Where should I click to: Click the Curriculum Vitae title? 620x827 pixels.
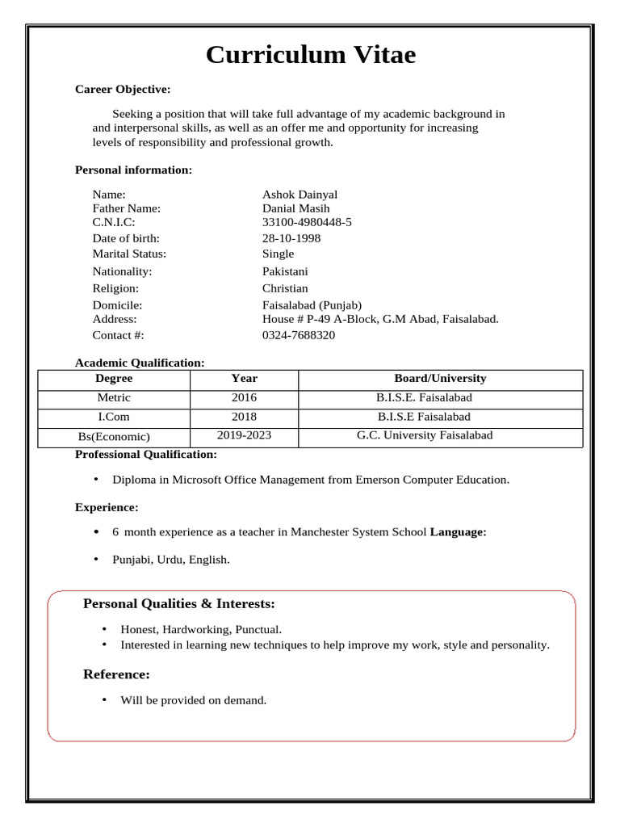click(311, 55)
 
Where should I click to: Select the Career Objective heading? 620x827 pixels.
click(123, 89)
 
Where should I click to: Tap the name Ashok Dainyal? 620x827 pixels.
click(300, 194)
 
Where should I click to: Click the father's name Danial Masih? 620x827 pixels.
click(296, 208)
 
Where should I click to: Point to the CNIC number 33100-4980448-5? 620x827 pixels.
click(307, 222)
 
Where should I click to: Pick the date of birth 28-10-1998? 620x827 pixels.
click(291, 238)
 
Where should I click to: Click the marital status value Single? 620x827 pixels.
click(279, 254)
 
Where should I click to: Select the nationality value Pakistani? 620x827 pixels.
click(285, 271)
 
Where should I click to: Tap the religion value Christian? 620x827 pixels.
click(285, 288)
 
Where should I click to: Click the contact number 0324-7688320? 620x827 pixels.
click(299, 335)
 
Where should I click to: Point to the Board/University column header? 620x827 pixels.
click(440, 378)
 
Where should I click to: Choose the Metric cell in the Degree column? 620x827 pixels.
click(114, 397)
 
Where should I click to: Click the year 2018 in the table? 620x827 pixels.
click(244, 417)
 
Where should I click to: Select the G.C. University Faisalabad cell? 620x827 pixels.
click(425, 435)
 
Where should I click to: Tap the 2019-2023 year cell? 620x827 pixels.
click(244, 435)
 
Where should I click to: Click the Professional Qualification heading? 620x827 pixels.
click(146, 455)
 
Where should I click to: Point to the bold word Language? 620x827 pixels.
click(458, 531)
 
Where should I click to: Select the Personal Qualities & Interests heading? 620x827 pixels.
click(179, 604)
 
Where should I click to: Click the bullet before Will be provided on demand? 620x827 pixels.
click(104, 699)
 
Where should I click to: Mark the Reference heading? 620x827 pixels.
click(117, 674)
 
